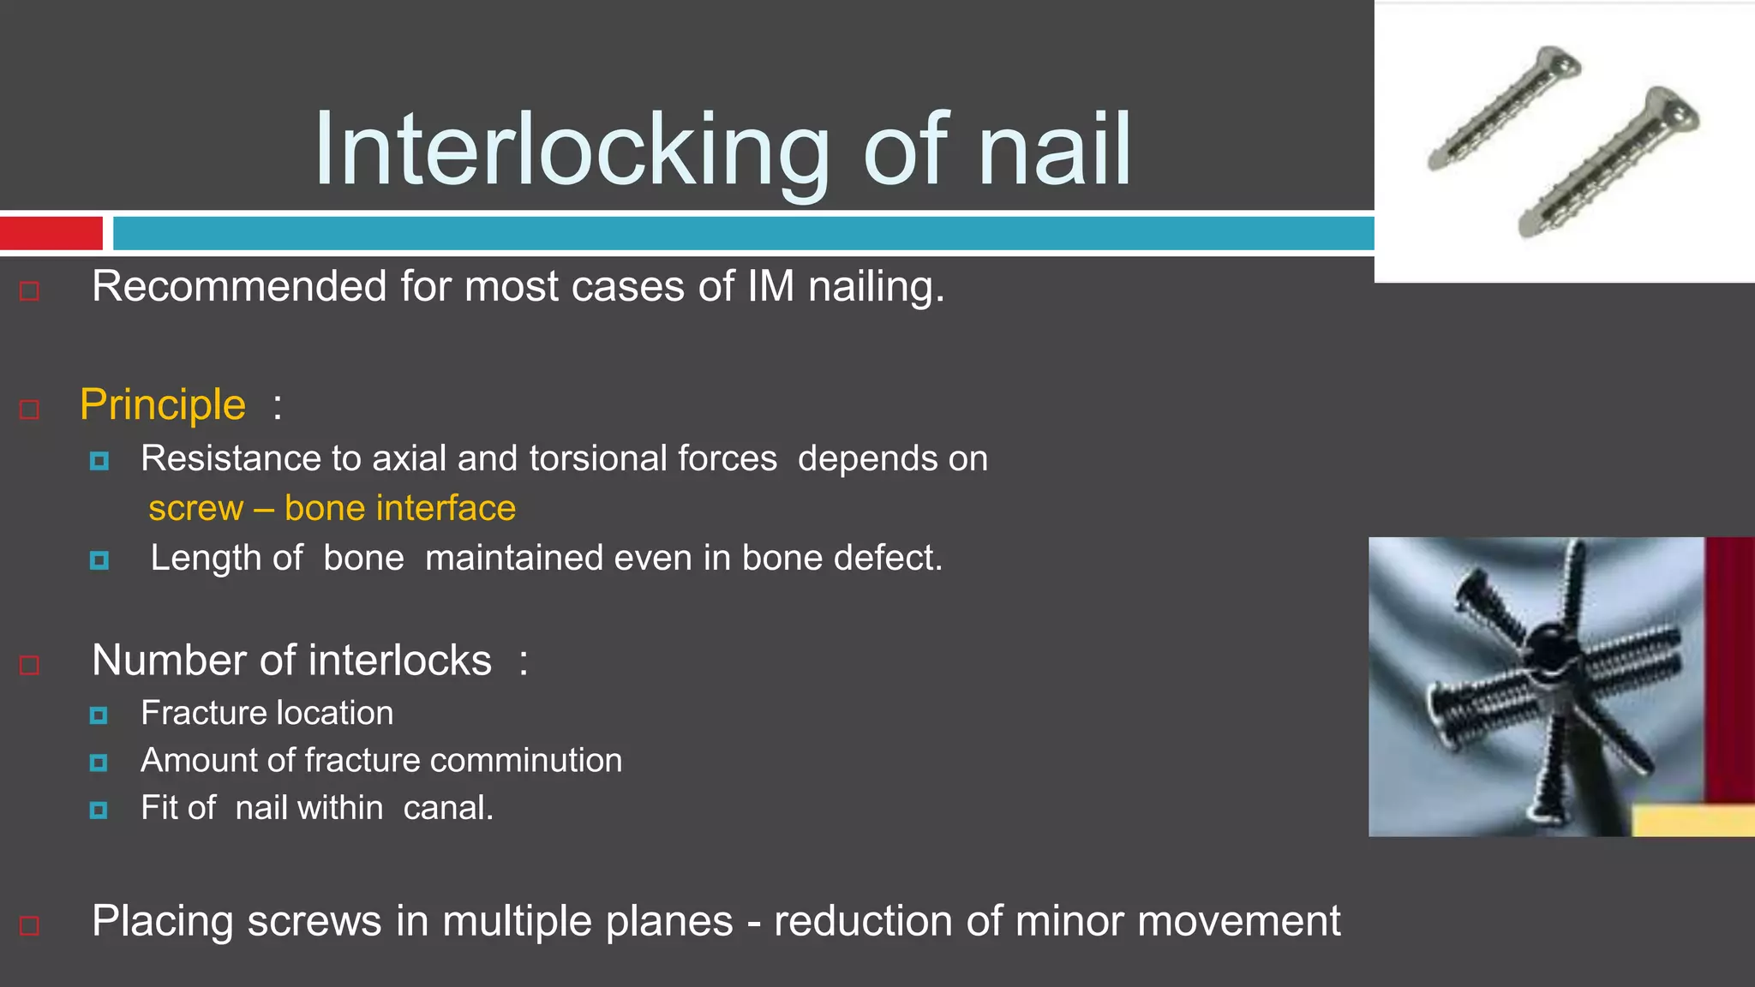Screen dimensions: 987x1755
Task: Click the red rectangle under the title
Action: coord(51,233)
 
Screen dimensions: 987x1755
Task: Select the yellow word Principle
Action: coord(163,404)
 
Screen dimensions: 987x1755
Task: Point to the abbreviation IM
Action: coord(770,286)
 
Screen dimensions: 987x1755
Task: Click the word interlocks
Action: coord(399,661)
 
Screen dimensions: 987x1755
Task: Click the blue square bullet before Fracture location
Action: coord(99,715)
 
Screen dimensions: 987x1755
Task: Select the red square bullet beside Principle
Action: coord(29,410)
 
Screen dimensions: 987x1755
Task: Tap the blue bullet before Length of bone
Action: coord(99,560)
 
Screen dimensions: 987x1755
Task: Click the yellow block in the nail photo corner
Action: coord(1692,821)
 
